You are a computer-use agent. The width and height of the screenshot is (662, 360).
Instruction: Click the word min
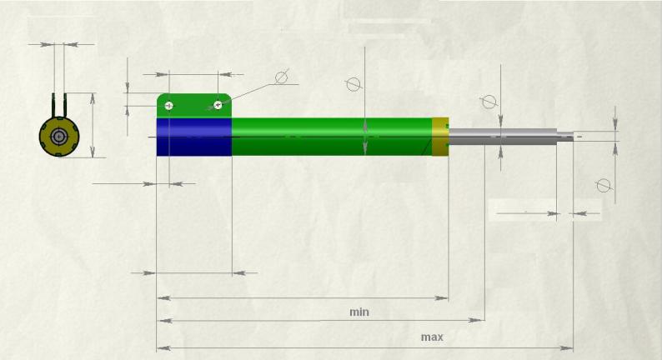click(x=359, y=312)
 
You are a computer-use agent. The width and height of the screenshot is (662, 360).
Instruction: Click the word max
click(x=432, y=337)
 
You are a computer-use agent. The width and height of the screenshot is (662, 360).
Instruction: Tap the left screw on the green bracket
click(x=169, y=105)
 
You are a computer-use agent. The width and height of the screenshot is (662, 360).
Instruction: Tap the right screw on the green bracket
click(x=218, y=105)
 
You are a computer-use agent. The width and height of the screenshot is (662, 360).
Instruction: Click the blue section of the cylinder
click(x=194, y=137)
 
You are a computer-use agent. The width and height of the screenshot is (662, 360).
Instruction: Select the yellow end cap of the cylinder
click(x=440, y=137)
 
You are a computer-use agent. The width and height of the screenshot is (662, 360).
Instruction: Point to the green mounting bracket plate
click(x=194, y=106)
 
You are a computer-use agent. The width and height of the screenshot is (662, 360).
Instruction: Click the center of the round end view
click(x=58, y=137)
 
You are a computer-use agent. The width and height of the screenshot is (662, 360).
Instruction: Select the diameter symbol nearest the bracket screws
click(x=282, y=77)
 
